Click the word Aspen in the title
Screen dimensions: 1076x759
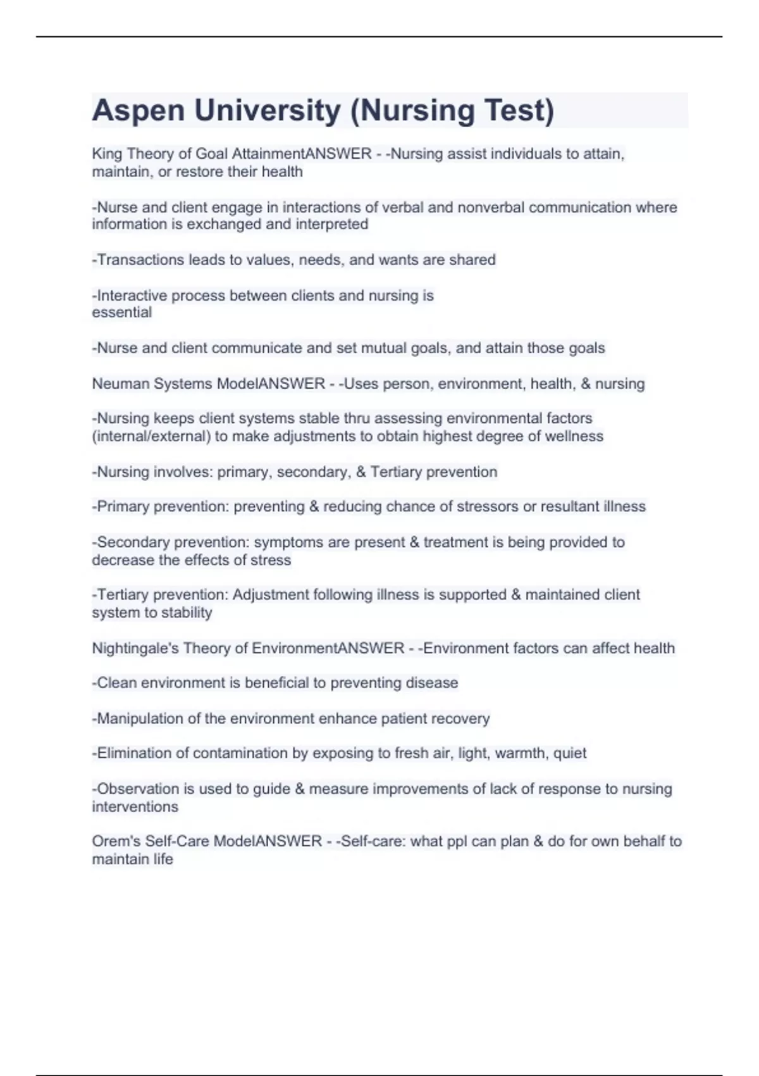point(138,111)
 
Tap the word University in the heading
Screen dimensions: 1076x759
point(268,111)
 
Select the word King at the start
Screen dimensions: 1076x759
point(107,154)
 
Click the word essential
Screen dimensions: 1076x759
point(122,313)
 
